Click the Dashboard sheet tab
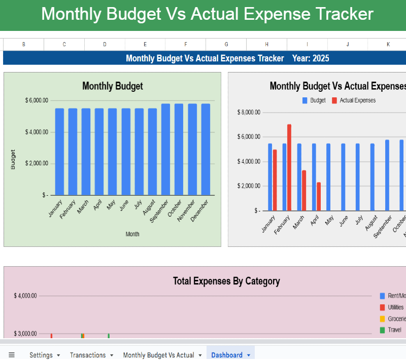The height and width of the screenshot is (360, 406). point(227,355)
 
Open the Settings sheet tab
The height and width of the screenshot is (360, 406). point(41,355)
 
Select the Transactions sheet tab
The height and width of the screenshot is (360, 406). point(88,355)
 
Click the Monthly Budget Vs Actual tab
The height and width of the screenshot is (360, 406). point(158,355)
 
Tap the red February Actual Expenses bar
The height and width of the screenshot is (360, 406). point(289,167)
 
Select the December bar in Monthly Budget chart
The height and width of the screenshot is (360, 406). point(206,150)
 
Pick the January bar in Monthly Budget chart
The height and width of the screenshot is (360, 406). point(59,152)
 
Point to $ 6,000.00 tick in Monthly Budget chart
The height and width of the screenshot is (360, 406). point(37,100)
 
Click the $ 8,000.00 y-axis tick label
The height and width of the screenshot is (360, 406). point(249,112)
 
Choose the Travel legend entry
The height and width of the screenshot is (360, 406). point(394,330)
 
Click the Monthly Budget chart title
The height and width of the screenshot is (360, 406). point(112,86)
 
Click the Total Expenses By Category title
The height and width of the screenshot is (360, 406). point(226,281)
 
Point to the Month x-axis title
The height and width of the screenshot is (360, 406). point(132,234)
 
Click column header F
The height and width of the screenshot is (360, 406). point(185,45)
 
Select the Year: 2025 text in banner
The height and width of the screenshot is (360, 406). point(311,58)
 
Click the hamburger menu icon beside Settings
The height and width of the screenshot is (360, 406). point(12,355)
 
